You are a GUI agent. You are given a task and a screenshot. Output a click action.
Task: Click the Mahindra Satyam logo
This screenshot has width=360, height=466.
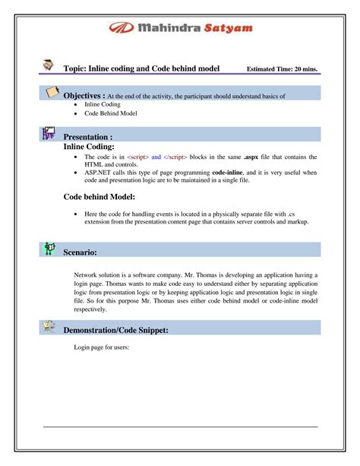coord(179,28)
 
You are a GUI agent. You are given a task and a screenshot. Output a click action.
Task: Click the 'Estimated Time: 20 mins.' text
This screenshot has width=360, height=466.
coord(283,69)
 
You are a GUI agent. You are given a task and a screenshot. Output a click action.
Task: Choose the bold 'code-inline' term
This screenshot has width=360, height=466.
coord(232,173)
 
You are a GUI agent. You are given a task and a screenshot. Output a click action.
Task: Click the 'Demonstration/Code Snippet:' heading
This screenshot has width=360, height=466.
coord(126,329)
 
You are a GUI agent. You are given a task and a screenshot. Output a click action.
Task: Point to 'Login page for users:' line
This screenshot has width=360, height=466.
coord(103,347)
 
